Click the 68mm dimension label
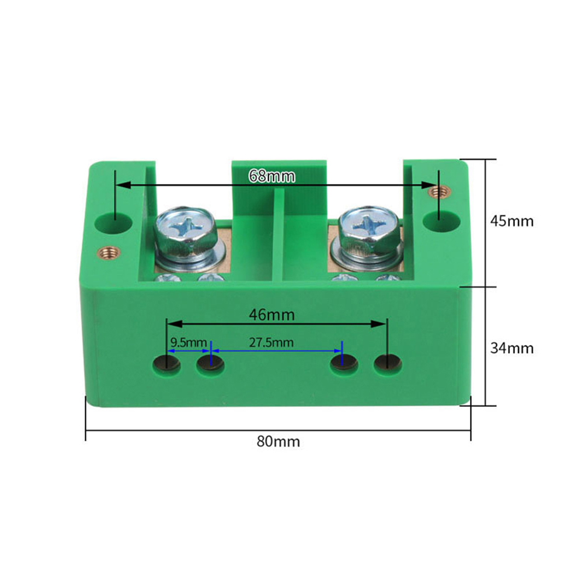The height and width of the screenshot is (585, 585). (272, 176)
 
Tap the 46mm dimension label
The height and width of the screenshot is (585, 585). (271, 315)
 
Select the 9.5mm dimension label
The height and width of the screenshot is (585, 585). (189, 342)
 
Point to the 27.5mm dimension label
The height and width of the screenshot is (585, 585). (271, 343)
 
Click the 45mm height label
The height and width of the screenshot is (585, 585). (512, 221)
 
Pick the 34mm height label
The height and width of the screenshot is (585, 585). (512, 348)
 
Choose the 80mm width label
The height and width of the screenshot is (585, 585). (278, 442)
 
